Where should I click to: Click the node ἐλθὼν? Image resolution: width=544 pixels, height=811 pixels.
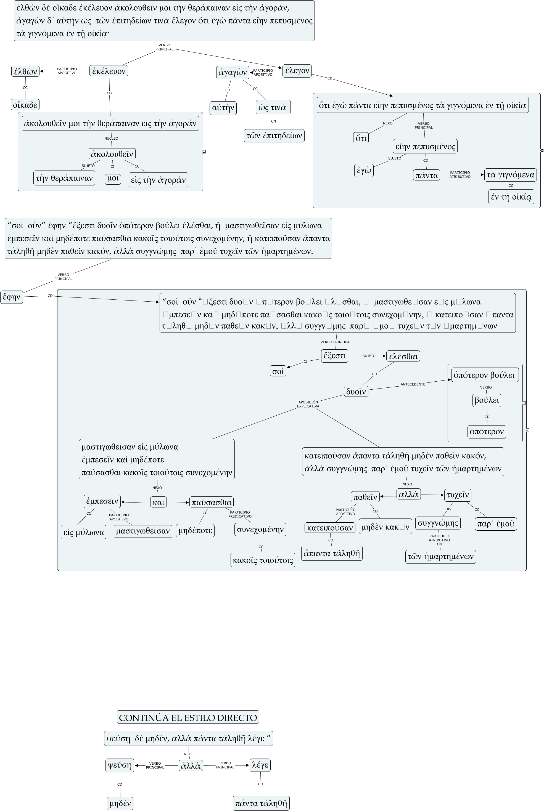tap(25, 71)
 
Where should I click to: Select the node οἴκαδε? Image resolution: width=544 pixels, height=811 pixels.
tap(25, 105)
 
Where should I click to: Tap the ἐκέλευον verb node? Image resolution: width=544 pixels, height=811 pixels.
tap(109, 71)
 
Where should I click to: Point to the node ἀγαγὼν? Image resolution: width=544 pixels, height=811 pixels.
tap(233, 73)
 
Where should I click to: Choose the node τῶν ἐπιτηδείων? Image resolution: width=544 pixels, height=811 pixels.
tap(274, 135)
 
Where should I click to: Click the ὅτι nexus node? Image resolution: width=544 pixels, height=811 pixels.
tap(361, 138)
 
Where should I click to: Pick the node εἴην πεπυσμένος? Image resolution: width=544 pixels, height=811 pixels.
tap(425, 147)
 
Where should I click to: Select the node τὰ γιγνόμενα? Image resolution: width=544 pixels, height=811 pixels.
tap(510, 175)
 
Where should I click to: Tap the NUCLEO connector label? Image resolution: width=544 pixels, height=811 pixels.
tap(111, 139)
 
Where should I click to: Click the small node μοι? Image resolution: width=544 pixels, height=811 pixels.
tap(113, 179)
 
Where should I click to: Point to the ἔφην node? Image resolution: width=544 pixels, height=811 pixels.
tap(11, 297)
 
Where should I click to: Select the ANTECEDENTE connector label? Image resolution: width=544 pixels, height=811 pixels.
tap(413, 384)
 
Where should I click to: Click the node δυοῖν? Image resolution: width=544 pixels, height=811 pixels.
tap(356, 392)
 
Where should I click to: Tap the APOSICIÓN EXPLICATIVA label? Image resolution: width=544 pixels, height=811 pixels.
tap(308, 404)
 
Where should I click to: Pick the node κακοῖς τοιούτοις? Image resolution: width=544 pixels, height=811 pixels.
tap(263, 560)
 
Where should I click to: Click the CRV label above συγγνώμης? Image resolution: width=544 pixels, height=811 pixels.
tap(448, 509)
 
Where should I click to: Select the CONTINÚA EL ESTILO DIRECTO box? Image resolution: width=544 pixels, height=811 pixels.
tap(188, 717)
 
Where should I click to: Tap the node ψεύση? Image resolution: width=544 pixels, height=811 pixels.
tap(120, 765)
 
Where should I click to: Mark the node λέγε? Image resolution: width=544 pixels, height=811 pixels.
tap(260, 765)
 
